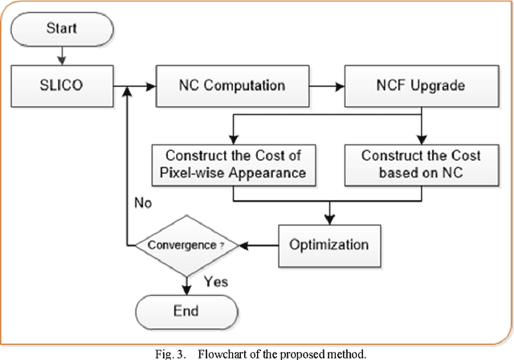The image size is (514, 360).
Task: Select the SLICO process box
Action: [60, 83]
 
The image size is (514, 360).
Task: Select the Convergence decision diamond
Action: [187, 244]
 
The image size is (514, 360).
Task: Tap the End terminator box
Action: [187, 309]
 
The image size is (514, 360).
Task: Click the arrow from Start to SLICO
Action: [60, 55]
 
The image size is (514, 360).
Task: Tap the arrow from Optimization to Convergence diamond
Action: [261, 244]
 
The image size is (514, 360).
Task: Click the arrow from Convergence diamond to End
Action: [187, 283]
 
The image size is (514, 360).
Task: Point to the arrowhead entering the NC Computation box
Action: [149, 83]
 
